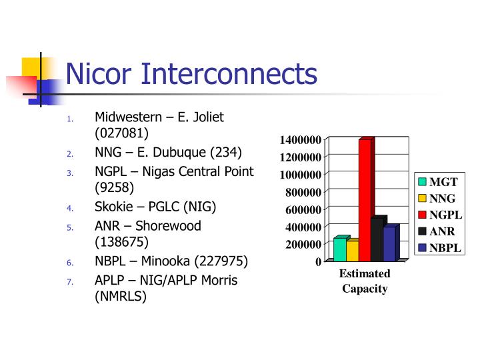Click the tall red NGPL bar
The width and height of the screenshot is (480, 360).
[x=365, y=200]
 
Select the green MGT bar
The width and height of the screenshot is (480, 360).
[x=340, y=249]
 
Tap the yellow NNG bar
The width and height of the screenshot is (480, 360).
[x=352, y=251]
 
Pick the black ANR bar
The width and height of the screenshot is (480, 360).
[x=377, y=240]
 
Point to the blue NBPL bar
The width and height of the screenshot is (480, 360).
[x=389, y=245]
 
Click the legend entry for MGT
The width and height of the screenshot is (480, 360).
[x=439, y=182]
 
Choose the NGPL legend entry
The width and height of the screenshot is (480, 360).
[x=441, y=215]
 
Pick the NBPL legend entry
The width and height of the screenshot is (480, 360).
[x=441, y=248]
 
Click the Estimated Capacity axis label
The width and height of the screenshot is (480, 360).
[x=365, y=281]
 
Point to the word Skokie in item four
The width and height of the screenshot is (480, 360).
[x=113, y=207]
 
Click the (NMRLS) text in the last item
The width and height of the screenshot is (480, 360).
[x=121, y=297]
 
